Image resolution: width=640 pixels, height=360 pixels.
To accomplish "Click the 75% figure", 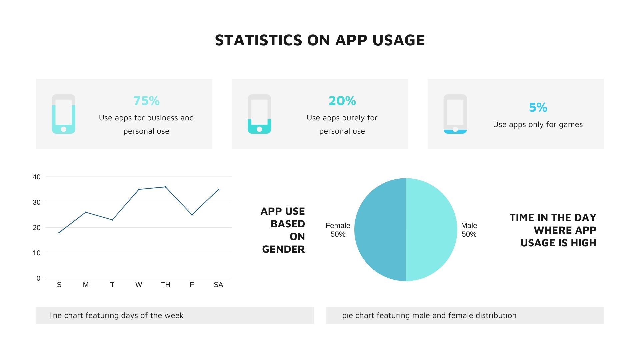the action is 146,101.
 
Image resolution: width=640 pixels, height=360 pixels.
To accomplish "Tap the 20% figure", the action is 342,101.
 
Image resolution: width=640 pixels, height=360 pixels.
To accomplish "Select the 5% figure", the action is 538,107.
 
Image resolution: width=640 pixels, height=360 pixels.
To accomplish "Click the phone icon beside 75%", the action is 64,114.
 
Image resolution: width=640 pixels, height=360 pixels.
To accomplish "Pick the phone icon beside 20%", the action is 259,114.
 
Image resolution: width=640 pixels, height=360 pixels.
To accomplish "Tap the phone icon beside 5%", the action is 455,114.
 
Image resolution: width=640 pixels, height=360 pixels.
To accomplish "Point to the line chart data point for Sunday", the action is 59,232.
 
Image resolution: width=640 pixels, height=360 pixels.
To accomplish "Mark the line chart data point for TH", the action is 165,187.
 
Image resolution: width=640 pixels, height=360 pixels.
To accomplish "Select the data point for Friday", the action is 192,215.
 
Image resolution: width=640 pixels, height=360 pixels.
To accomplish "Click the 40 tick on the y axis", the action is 37,177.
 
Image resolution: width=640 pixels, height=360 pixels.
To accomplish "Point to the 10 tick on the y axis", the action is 37,253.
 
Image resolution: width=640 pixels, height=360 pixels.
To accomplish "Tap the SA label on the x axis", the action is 218,285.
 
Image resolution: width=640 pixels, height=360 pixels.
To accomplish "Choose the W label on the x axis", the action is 139,285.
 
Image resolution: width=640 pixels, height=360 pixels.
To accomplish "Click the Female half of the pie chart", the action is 380,230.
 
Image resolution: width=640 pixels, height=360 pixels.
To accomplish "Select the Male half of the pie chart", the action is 431,230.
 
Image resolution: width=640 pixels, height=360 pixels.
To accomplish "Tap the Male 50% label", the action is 469,230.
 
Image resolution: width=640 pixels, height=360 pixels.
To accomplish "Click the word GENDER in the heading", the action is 284,249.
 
